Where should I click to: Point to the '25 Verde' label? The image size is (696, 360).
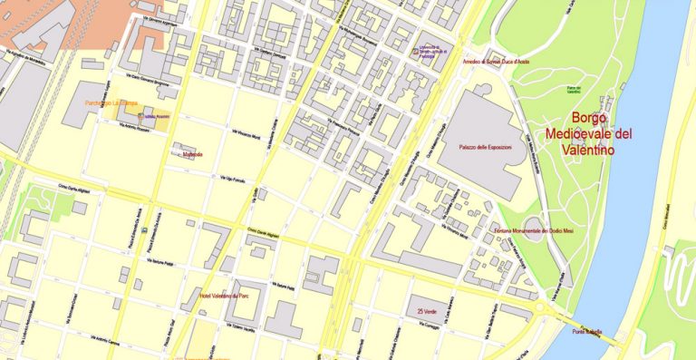point(430,311)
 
